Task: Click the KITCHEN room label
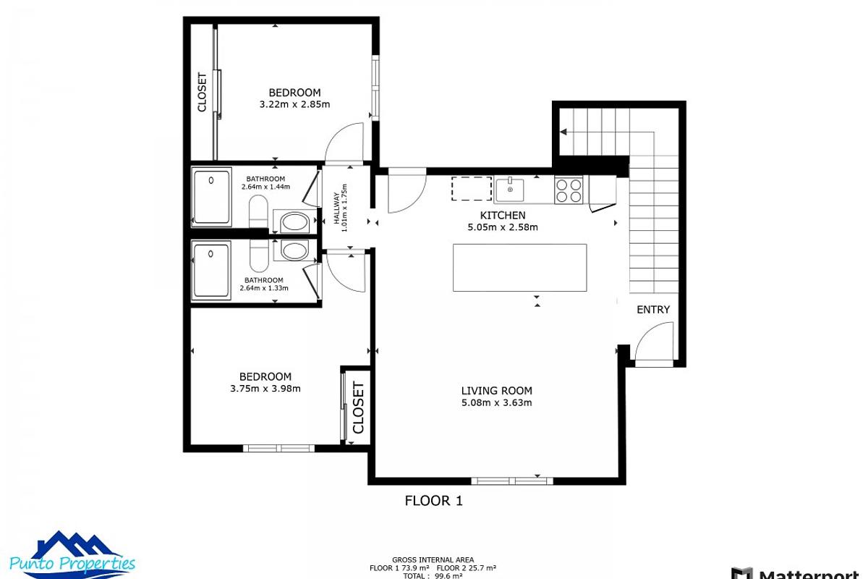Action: [x=503, y=216]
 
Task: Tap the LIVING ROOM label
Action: [x=496, y=391]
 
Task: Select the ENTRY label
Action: [x=652, y=310]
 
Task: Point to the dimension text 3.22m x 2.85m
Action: [x=294, y=104]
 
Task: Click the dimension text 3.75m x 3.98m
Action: [x=265, y=389]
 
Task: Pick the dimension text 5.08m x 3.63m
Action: [x=496, y=403]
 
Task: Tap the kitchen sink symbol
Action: [x=511, y=190]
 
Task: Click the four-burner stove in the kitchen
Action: [x=569, y=190]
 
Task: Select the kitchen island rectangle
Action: [x=519, y=267]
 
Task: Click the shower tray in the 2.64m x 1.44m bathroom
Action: [x=210, y=196]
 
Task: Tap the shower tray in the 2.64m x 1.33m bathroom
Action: [x=210, y=269]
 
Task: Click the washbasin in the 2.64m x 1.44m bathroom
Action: [x=294, y=221]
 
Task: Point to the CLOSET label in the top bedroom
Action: [x=202, y=92]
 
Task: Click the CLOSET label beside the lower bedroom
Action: [x=358, y=407]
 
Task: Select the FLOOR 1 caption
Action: [x=433, y=500]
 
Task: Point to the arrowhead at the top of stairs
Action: [x=564, y=132]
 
